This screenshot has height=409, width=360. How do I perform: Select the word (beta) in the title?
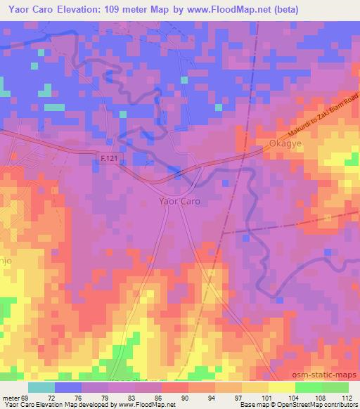[286, 10]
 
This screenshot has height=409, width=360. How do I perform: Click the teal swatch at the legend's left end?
[41, 387]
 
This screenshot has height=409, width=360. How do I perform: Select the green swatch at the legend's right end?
[335, 387]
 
